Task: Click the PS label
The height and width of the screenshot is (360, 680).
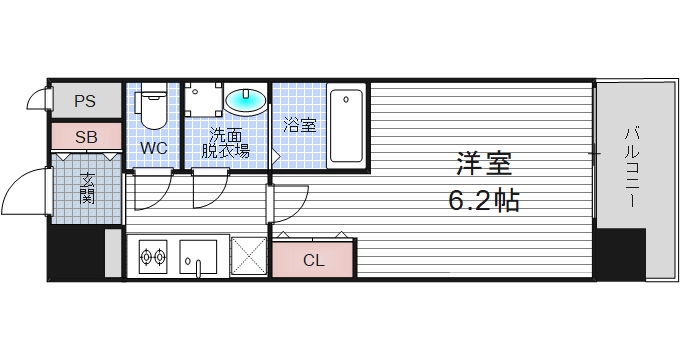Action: point(85,100)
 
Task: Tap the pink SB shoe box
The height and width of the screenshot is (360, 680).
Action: point(85,136)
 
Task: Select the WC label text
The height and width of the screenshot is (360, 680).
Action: point(153,148)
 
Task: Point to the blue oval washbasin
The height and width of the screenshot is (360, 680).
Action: point(246,100)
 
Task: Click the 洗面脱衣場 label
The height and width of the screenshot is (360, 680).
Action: point(226,143)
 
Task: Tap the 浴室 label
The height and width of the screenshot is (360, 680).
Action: point(299,125)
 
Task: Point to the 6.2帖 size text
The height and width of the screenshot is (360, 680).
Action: point(483,201)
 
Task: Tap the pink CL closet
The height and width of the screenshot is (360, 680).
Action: point(314,259)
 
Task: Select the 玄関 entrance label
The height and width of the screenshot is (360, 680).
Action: point(87,187)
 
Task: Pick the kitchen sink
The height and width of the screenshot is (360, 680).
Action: point(199,258)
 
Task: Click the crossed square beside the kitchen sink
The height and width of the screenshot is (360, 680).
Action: point(248,256)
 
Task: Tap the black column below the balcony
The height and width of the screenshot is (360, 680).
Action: point(620,253)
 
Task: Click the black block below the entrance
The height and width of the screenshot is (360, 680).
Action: point(76,252)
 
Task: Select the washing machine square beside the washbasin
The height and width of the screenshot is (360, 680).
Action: point(204,101)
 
